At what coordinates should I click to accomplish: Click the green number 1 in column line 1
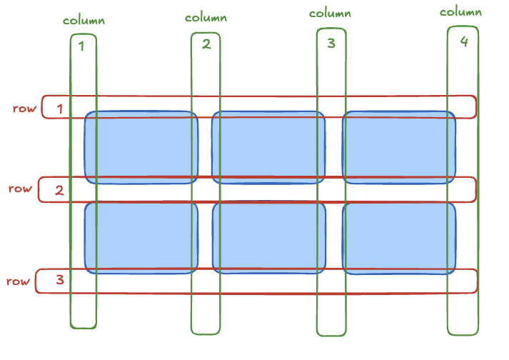coord(81,46)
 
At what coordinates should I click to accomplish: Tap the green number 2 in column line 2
coord(206,44)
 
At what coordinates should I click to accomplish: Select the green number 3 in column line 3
coord(331,43)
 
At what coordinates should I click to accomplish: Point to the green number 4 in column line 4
coord(464,41)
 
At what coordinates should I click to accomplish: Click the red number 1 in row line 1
coord(60,109)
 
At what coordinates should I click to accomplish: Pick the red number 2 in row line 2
coord(59,190)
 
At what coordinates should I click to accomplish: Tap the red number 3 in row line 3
coord(59,279)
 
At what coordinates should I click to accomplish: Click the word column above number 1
coord(84,20)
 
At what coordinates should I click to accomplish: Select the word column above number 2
coord(206,17)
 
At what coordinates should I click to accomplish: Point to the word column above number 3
coord(330,13)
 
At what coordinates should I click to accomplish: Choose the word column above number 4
coord(460,11)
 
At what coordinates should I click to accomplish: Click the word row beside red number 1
coord(24,109)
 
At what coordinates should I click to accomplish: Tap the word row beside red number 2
coord(20,189)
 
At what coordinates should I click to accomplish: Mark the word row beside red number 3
coord(19,281)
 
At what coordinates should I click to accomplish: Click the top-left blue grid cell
coord(141,147)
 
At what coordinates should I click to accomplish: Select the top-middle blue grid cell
coord(268,147)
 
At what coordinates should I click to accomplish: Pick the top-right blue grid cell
coord(399,147)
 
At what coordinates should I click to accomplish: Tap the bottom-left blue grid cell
coord(141,238)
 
